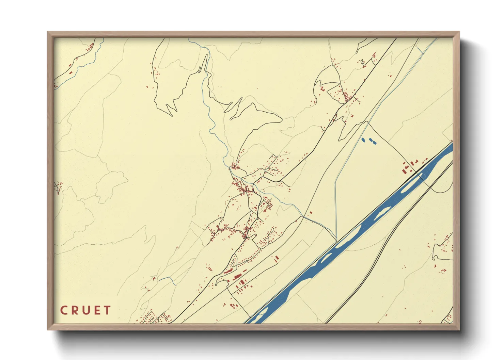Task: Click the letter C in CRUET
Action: point(64,310)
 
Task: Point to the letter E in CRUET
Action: point(97,310)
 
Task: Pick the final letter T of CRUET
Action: point(107,310)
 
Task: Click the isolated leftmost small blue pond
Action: point(363,140)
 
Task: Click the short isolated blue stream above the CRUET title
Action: point(168,279)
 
